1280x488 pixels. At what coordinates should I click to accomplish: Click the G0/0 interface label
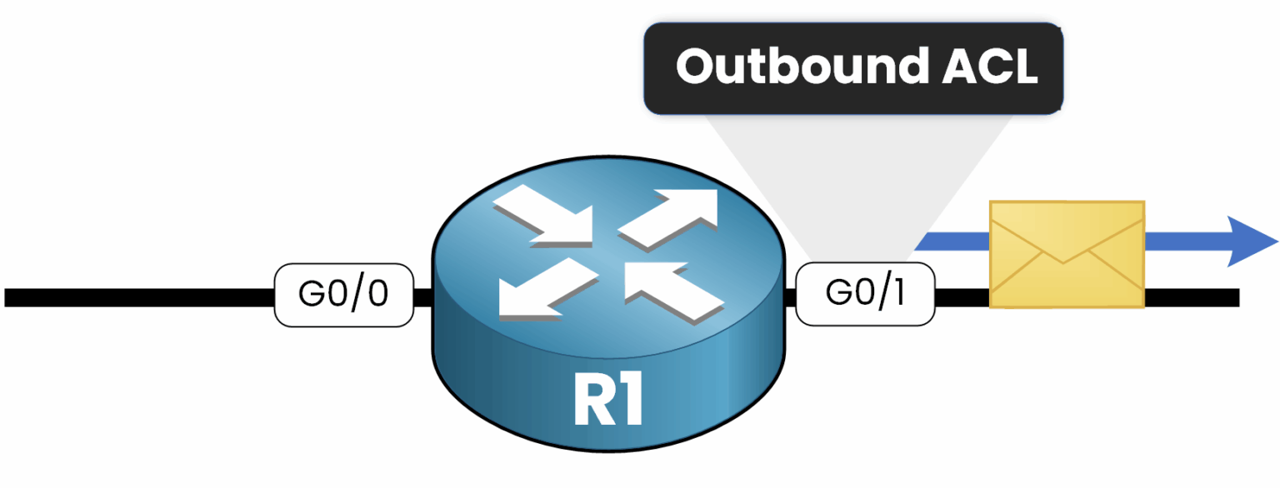[x=343, y=296]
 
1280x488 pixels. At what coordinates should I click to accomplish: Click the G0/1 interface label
[x=865, y=294]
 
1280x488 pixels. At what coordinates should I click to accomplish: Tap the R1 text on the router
[x=608, y=402]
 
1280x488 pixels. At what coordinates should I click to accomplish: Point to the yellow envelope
[x=1066, y=254]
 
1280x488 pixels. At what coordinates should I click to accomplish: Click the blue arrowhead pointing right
[x=1250, y=242]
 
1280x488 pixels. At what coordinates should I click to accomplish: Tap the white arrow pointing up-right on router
[x=671, y=217]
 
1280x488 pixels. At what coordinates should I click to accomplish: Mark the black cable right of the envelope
[x=1192, y=297]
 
